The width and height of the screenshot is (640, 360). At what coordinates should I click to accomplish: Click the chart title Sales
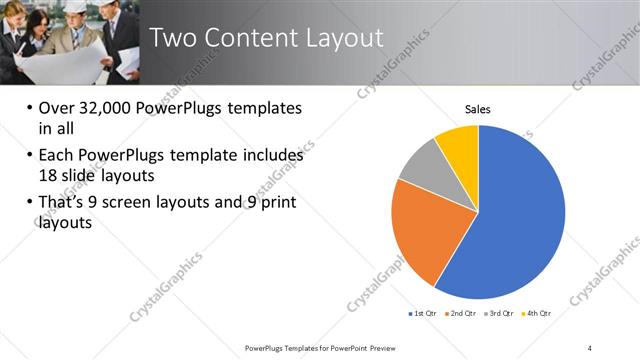[479, 110]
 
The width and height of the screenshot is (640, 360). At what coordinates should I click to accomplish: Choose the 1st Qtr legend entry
[424, 314]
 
